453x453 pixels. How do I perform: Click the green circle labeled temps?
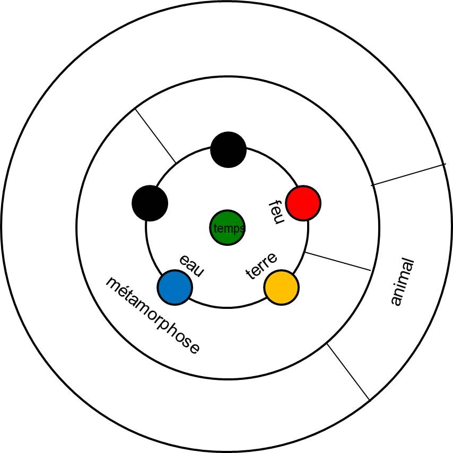tap(227, 227)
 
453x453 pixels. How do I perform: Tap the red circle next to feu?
tap(303, 203)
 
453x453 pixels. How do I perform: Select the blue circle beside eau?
tap(175, 287)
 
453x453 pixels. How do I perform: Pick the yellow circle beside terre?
tap(281, 287)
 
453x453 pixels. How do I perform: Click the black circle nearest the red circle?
tap(228, 150)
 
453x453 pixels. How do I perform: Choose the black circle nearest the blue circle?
tap(150, 203)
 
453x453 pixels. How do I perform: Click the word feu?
tap(274, 212)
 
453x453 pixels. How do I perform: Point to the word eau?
tap(191, 265)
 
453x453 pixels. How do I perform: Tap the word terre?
tap(262, 266)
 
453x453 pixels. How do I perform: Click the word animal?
tap(402, 281)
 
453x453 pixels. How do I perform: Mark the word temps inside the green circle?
tap(229, 228)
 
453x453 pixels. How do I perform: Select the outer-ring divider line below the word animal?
tap(348, 371)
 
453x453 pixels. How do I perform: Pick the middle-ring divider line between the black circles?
tap(155, 136)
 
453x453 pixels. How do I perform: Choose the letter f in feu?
tap(276, 203)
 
